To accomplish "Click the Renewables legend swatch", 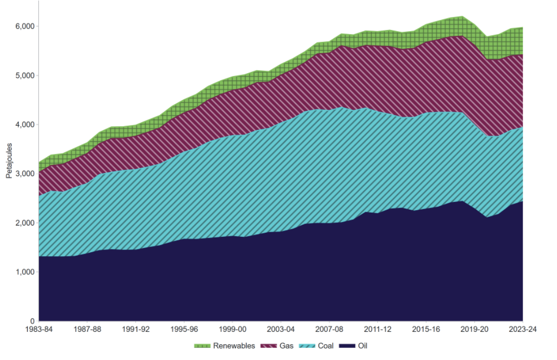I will [202, 346].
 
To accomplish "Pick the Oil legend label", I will [362, 346].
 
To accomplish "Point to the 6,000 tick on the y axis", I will [24, 26].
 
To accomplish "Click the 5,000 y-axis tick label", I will [24, 75].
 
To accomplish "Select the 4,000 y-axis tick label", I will [24, 124].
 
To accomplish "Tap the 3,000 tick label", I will [24, 174].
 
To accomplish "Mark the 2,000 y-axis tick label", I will [24, 223].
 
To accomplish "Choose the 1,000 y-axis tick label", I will [24, 272].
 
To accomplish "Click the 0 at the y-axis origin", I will [31, 321].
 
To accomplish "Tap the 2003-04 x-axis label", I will [281, 330].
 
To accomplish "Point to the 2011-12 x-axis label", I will [377, 330].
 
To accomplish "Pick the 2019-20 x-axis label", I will [474, 330].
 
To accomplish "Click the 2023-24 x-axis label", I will [522, 330].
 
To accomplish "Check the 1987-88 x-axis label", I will [87, 330].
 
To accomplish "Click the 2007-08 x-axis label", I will [329, 330].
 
